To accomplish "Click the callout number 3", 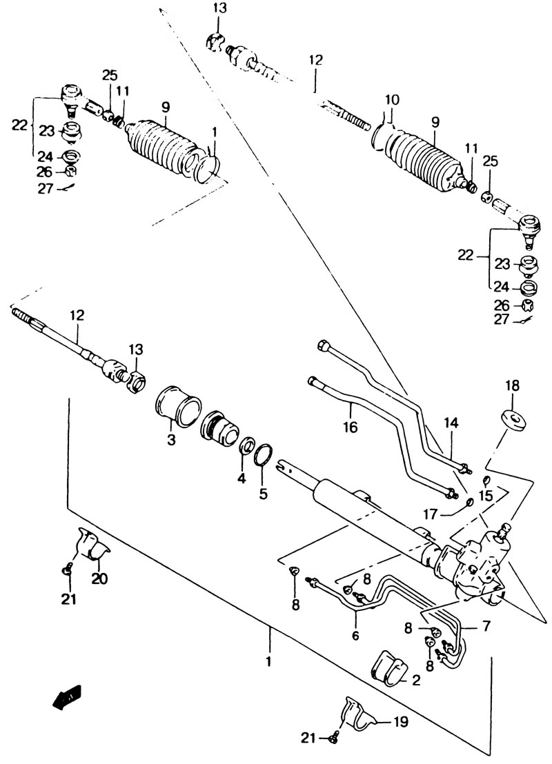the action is click(x=170, y=440).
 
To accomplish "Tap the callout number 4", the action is click(x=242, y=479).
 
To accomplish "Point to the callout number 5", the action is click(x=263, y=494).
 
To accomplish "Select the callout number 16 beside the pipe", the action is click(x=350, y=427).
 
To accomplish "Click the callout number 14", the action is click(x=451, y=423).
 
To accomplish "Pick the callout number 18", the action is click(x=511, y=385).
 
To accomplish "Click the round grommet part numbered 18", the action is click(x=513, y=421).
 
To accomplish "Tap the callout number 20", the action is click(x=99, y=579).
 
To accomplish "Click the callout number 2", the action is click(x=415, y=680).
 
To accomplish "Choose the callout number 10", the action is click(x=391, y=100).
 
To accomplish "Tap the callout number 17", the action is click(x=431, y=514).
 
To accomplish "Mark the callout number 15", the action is click(x=486, y=496).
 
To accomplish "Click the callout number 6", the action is click(x=355, y=635).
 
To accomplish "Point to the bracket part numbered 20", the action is click(x=92, y=545).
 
